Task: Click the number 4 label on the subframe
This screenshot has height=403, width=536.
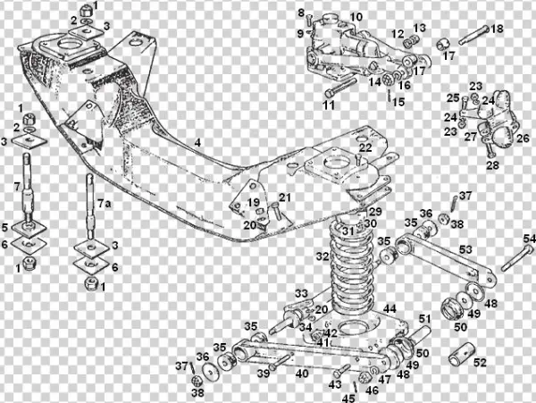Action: [197, 142]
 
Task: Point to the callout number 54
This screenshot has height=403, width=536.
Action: [529, 239]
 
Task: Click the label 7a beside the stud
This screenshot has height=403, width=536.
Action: [105, 205]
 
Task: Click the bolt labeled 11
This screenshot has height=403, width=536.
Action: [339, 89]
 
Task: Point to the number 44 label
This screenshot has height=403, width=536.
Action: [389, 308]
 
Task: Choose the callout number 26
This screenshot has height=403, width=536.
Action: [523, 139]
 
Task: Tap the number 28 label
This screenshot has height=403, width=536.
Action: [492, 165]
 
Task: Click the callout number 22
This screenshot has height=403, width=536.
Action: [365, 147]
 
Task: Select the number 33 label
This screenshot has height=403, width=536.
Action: [302, 293]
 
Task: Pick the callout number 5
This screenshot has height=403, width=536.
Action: [5, 227]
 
